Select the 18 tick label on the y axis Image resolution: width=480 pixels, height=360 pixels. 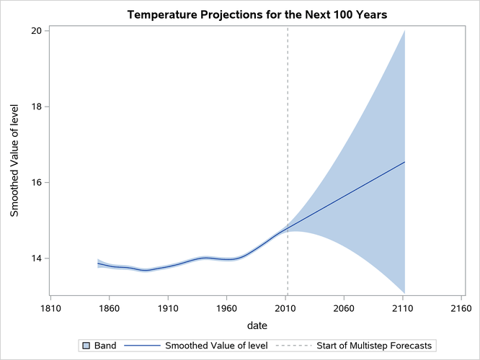[x=34, y=107]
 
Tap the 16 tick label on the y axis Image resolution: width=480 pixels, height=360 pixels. [x=34, y=183]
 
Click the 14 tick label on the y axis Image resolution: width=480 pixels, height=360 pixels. [x=34, y=258]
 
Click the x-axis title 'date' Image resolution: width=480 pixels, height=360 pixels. [x=256, y=325]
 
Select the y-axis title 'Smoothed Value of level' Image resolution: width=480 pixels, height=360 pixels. [x=14, y=161]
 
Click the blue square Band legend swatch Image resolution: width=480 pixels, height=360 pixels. [x=86, y=346]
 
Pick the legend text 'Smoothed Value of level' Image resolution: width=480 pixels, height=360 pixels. [x=216, y=346]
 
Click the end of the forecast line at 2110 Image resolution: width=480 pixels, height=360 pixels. [x=404, y=162]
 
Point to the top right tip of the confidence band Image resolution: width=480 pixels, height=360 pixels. [x=404, y=31]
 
